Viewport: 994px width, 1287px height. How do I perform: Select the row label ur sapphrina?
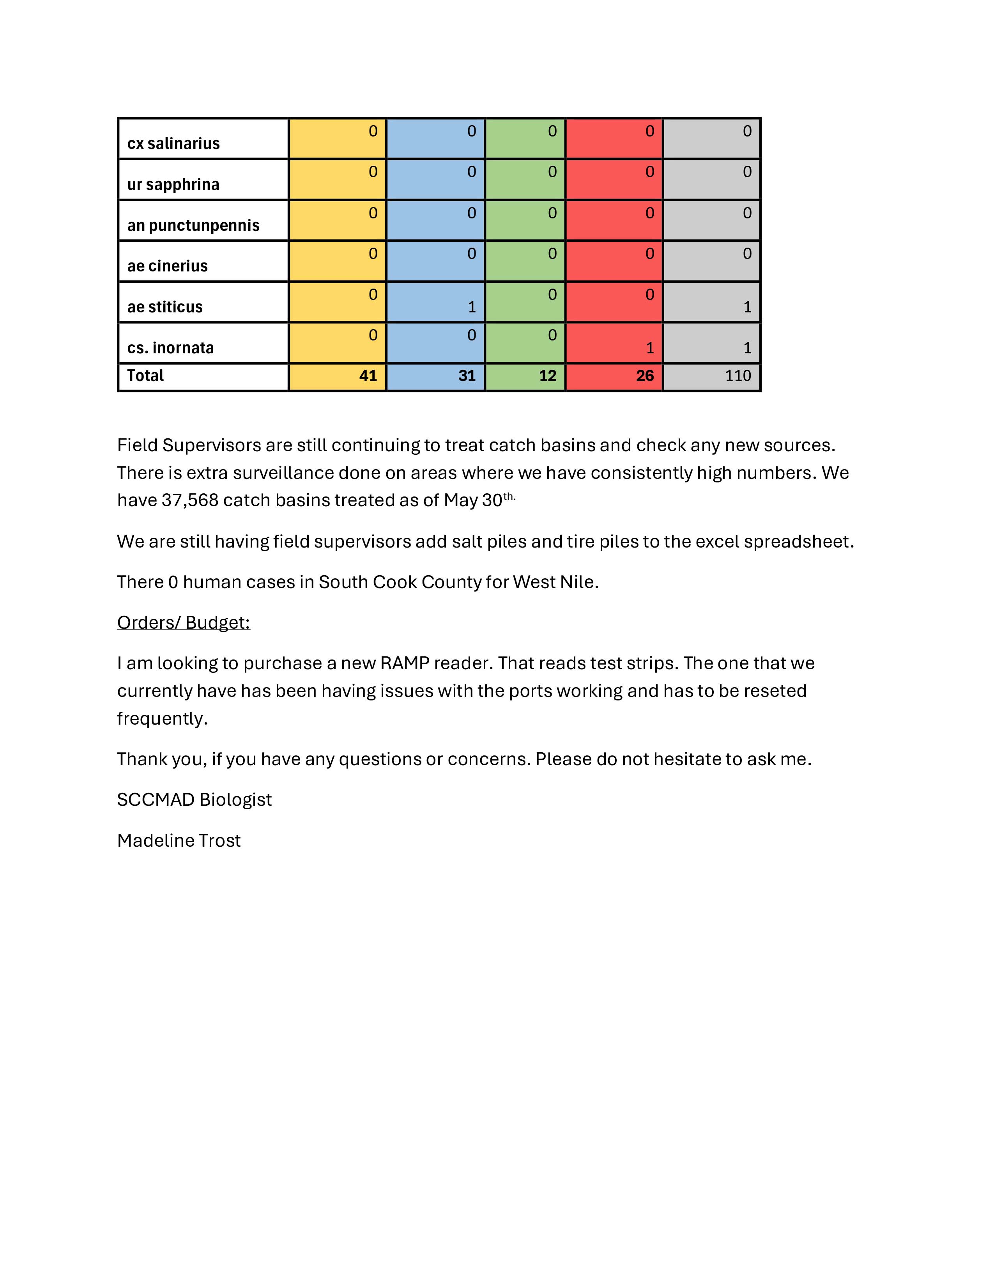pos(173,184)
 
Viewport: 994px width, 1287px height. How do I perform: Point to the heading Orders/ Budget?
pos(184,622)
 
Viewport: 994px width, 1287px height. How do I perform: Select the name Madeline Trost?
pos(179,840)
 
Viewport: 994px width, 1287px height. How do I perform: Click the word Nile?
pos(579,582)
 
